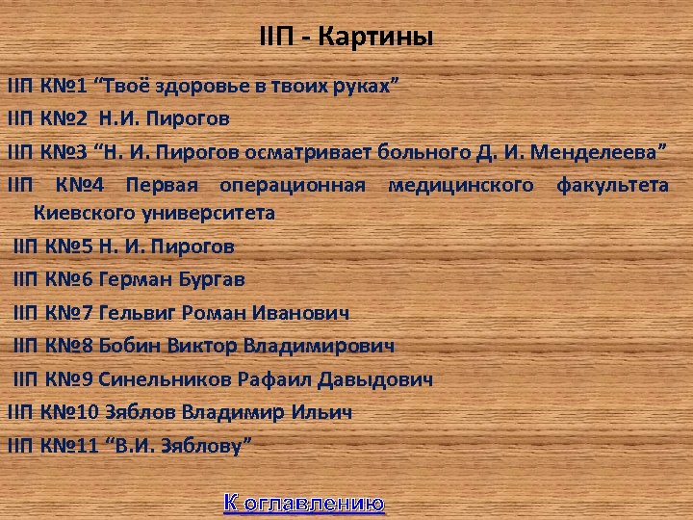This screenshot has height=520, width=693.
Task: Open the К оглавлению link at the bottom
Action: [304, 502]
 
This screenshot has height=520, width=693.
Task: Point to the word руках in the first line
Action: [363, 85]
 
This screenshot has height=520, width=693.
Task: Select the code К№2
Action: [64, 118]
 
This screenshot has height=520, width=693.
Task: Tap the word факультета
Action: [612, 184]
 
